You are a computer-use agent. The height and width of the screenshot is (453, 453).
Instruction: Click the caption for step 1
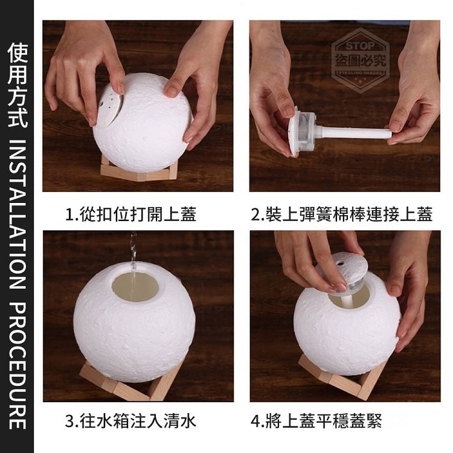click(x=131, y=214)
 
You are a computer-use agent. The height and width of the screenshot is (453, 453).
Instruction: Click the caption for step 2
click(x=342, y=214)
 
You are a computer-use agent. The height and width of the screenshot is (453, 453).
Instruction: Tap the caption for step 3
click(x=130, y=421)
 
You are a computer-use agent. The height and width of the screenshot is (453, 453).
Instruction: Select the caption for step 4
click(x=316, y=421)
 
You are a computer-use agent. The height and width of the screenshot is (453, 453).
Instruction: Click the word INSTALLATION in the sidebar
click(x=18, y=214)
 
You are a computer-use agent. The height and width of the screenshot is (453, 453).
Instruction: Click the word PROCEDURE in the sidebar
click(x=18, y=366)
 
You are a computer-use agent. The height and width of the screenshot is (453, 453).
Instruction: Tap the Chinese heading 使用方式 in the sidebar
click(x=18, y=85)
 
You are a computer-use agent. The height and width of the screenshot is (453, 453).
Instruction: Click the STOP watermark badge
click(x=360, y=60)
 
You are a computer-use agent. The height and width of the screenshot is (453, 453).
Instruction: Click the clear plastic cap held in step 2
click(x=303, y=130)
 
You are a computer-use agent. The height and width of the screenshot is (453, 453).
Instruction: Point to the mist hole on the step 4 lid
click(x=341, y=263)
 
